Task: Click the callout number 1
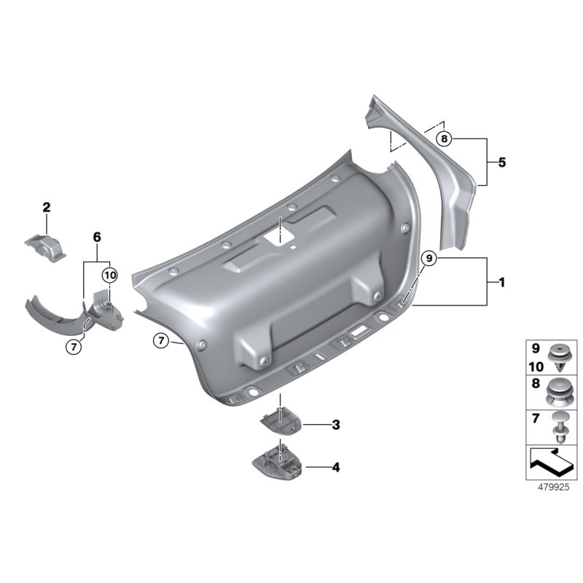(x=501, y=281)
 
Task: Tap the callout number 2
(x=47, y=208)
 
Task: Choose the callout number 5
(x=501, y=163)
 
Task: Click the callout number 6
(x=96, y=237)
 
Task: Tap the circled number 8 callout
(x=445, y=138)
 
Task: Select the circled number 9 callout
(x=429, y=258)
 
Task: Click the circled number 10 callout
(x=109, y=275)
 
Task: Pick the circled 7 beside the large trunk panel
(x=161, y=340)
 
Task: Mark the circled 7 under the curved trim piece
(x=73, y=347)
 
